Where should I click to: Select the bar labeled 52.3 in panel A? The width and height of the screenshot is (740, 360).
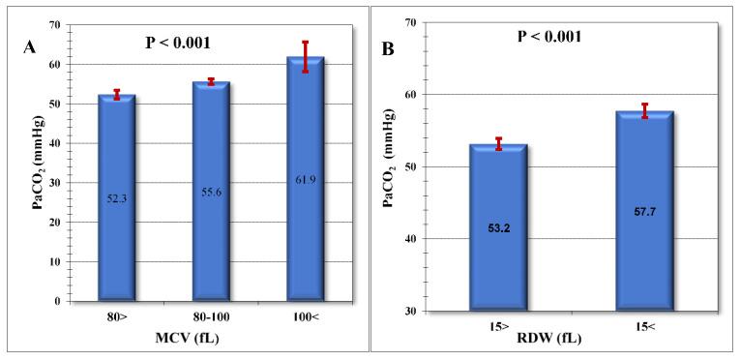pyautogui.click(x=116, y=197)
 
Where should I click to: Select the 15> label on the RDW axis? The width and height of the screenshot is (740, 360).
pyautogui.click(x=498, y=321)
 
